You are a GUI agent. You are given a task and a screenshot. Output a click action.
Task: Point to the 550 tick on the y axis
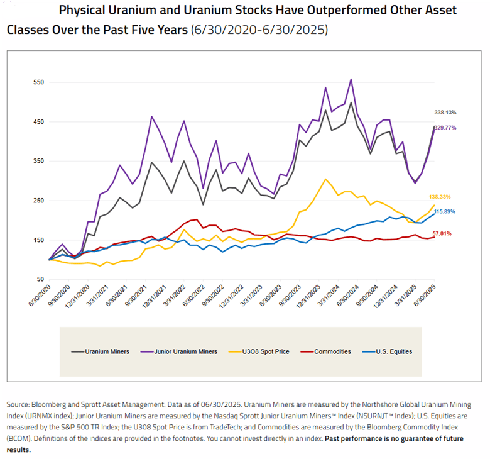[x=38, y=82]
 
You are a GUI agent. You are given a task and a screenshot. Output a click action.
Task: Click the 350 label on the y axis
[x=38, y=162]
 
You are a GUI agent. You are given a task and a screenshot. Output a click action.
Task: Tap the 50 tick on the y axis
[x=40, y=280]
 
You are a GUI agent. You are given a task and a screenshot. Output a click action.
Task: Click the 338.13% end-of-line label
[x=445, y=113]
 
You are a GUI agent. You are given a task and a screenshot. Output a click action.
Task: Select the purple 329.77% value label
[x=445, y=128]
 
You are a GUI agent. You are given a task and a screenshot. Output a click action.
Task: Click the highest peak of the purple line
[x=351, y=80]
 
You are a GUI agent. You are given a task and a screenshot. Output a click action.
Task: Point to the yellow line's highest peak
[x=325, y=179]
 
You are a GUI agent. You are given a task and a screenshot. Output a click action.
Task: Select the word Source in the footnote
[x=19, y=404]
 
